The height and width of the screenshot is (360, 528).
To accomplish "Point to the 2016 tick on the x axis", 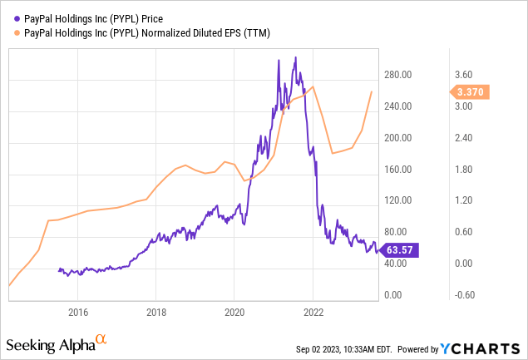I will coord(77,312).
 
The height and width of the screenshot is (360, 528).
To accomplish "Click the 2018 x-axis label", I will coord(155,312).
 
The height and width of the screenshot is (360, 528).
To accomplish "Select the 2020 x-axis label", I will coord(234,312).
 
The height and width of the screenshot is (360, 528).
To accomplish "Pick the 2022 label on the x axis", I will coord(312,312).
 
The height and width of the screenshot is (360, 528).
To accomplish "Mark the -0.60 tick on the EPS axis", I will coord(470,294).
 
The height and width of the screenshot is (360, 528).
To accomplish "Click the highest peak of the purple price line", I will coord(295,58).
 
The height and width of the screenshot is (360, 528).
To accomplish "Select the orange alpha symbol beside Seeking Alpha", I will coord(101,340).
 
